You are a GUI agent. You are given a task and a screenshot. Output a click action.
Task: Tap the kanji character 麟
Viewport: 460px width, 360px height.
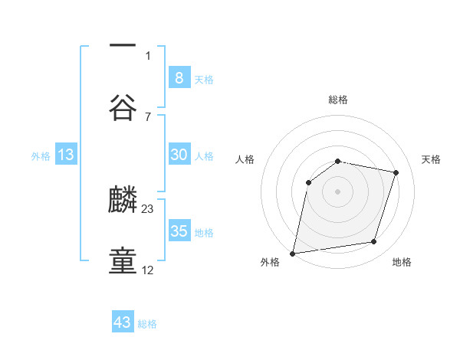point(123,201)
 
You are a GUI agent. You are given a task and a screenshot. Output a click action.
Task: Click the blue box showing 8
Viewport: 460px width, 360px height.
point(179,77)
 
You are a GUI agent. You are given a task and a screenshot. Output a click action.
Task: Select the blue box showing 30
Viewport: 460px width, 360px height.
point(179,155)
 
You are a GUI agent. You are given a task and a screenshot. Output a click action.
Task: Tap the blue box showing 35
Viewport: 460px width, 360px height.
point(179,231)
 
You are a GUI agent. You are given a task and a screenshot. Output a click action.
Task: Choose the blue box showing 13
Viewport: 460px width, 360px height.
point(66,155)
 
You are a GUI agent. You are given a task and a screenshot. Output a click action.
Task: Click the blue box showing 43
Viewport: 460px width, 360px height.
point(123,322)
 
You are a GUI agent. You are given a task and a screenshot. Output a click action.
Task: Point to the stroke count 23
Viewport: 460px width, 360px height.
point(148,208)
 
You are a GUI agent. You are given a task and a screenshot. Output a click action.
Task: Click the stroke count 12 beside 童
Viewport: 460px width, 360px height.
point(148,270)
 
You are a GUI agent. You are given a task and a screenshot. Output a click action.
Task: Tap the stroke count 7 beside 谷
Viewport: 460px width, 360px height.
point(148,116)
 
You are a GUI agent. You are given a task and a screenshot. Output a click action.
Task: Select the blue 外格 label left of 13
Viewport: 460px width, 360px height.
point(41,155)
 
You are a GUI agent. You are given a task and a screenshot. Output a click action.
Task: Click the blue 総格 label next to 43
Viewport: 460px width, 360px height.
point(147,324)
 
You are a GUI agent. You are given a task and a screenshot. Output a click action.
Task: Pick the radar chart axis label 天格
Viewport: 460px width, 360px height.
point(432,159)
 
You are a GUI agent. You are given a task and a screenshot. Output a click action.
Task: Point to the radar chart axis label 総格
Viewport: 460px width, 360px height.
point(338,100)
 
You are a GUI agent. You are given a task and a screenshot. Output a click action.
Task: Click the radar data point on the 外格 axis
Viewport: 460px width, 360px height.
point(293,253)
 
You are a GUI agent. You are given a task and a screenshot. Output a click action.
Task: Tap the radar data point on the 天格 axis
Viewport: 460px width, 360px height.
point(396,172)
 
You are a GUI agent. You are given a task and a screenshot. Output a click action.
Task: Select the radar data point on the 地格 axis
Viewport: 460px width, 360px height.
point(374,242)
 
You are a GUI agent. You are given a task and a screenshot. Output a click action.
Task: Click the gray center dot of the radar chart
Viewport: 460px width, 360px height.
point(338,191)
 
